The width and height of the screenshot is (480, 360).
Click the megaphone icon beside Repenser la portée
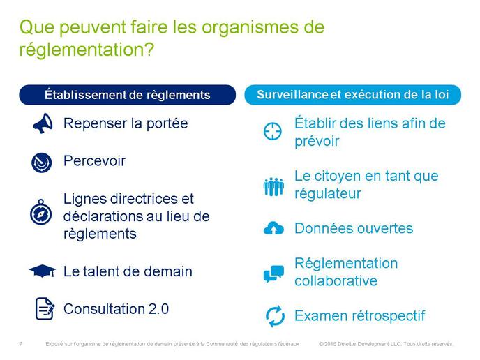pos(43,123)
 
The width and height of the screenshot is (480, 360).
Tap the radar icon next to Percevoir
pos(42,163)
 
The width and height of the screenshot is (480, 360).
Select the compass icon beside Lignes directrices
pos(41,212)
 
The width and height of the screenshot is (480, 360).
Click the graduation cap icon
pos(43,271)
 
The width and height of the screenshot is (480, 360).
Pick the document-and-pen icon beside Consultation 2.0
pos(45,308)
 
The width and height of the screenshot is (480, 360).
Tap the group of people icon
pos(273,186)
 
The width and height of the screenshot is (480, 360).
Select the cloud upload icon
pos(273,228)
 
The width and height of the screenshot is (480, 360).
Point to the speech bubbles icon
pos(273,273)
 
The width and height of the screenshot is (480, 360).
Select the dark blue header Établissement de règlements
pos(128,95)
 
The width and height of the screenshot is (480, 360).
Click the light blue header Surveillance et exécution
pos(352,95)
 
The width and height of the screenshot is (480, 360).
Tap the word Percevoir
pos(95,161)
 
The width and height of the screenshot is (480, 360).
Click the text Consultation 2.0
pos(117,309)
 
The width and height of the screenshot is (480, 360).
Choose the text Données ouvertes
pos(354,228)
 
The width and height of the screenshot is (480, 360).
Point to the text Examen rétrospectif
pos(360,316)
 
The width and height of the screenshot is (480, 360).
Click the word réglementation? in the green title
pos(87,50)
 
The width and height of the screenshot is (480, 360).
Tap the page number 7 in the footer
pos(20,344)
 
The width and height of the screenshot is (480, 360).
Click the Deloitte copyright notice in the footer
pos(386,344)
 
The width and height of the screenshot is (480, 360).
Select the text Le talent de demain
pos(128,271)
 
